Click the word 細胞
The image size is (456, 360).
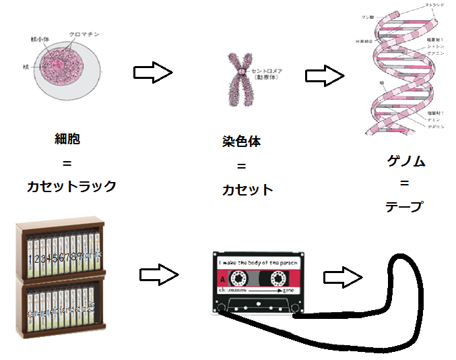tap(68, 140)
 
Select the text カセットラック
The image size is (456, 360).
tap(71, 187)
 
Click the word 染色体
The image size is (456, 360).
tap(241, 143)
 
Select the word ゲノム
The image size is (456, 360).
tap(406, 160)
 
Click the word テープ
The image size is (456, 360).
tap(404, 206)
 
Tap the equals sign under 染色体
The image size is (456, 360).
tap(241, 167)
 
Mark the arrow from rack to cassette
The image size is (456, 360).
tap(159, 274)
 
